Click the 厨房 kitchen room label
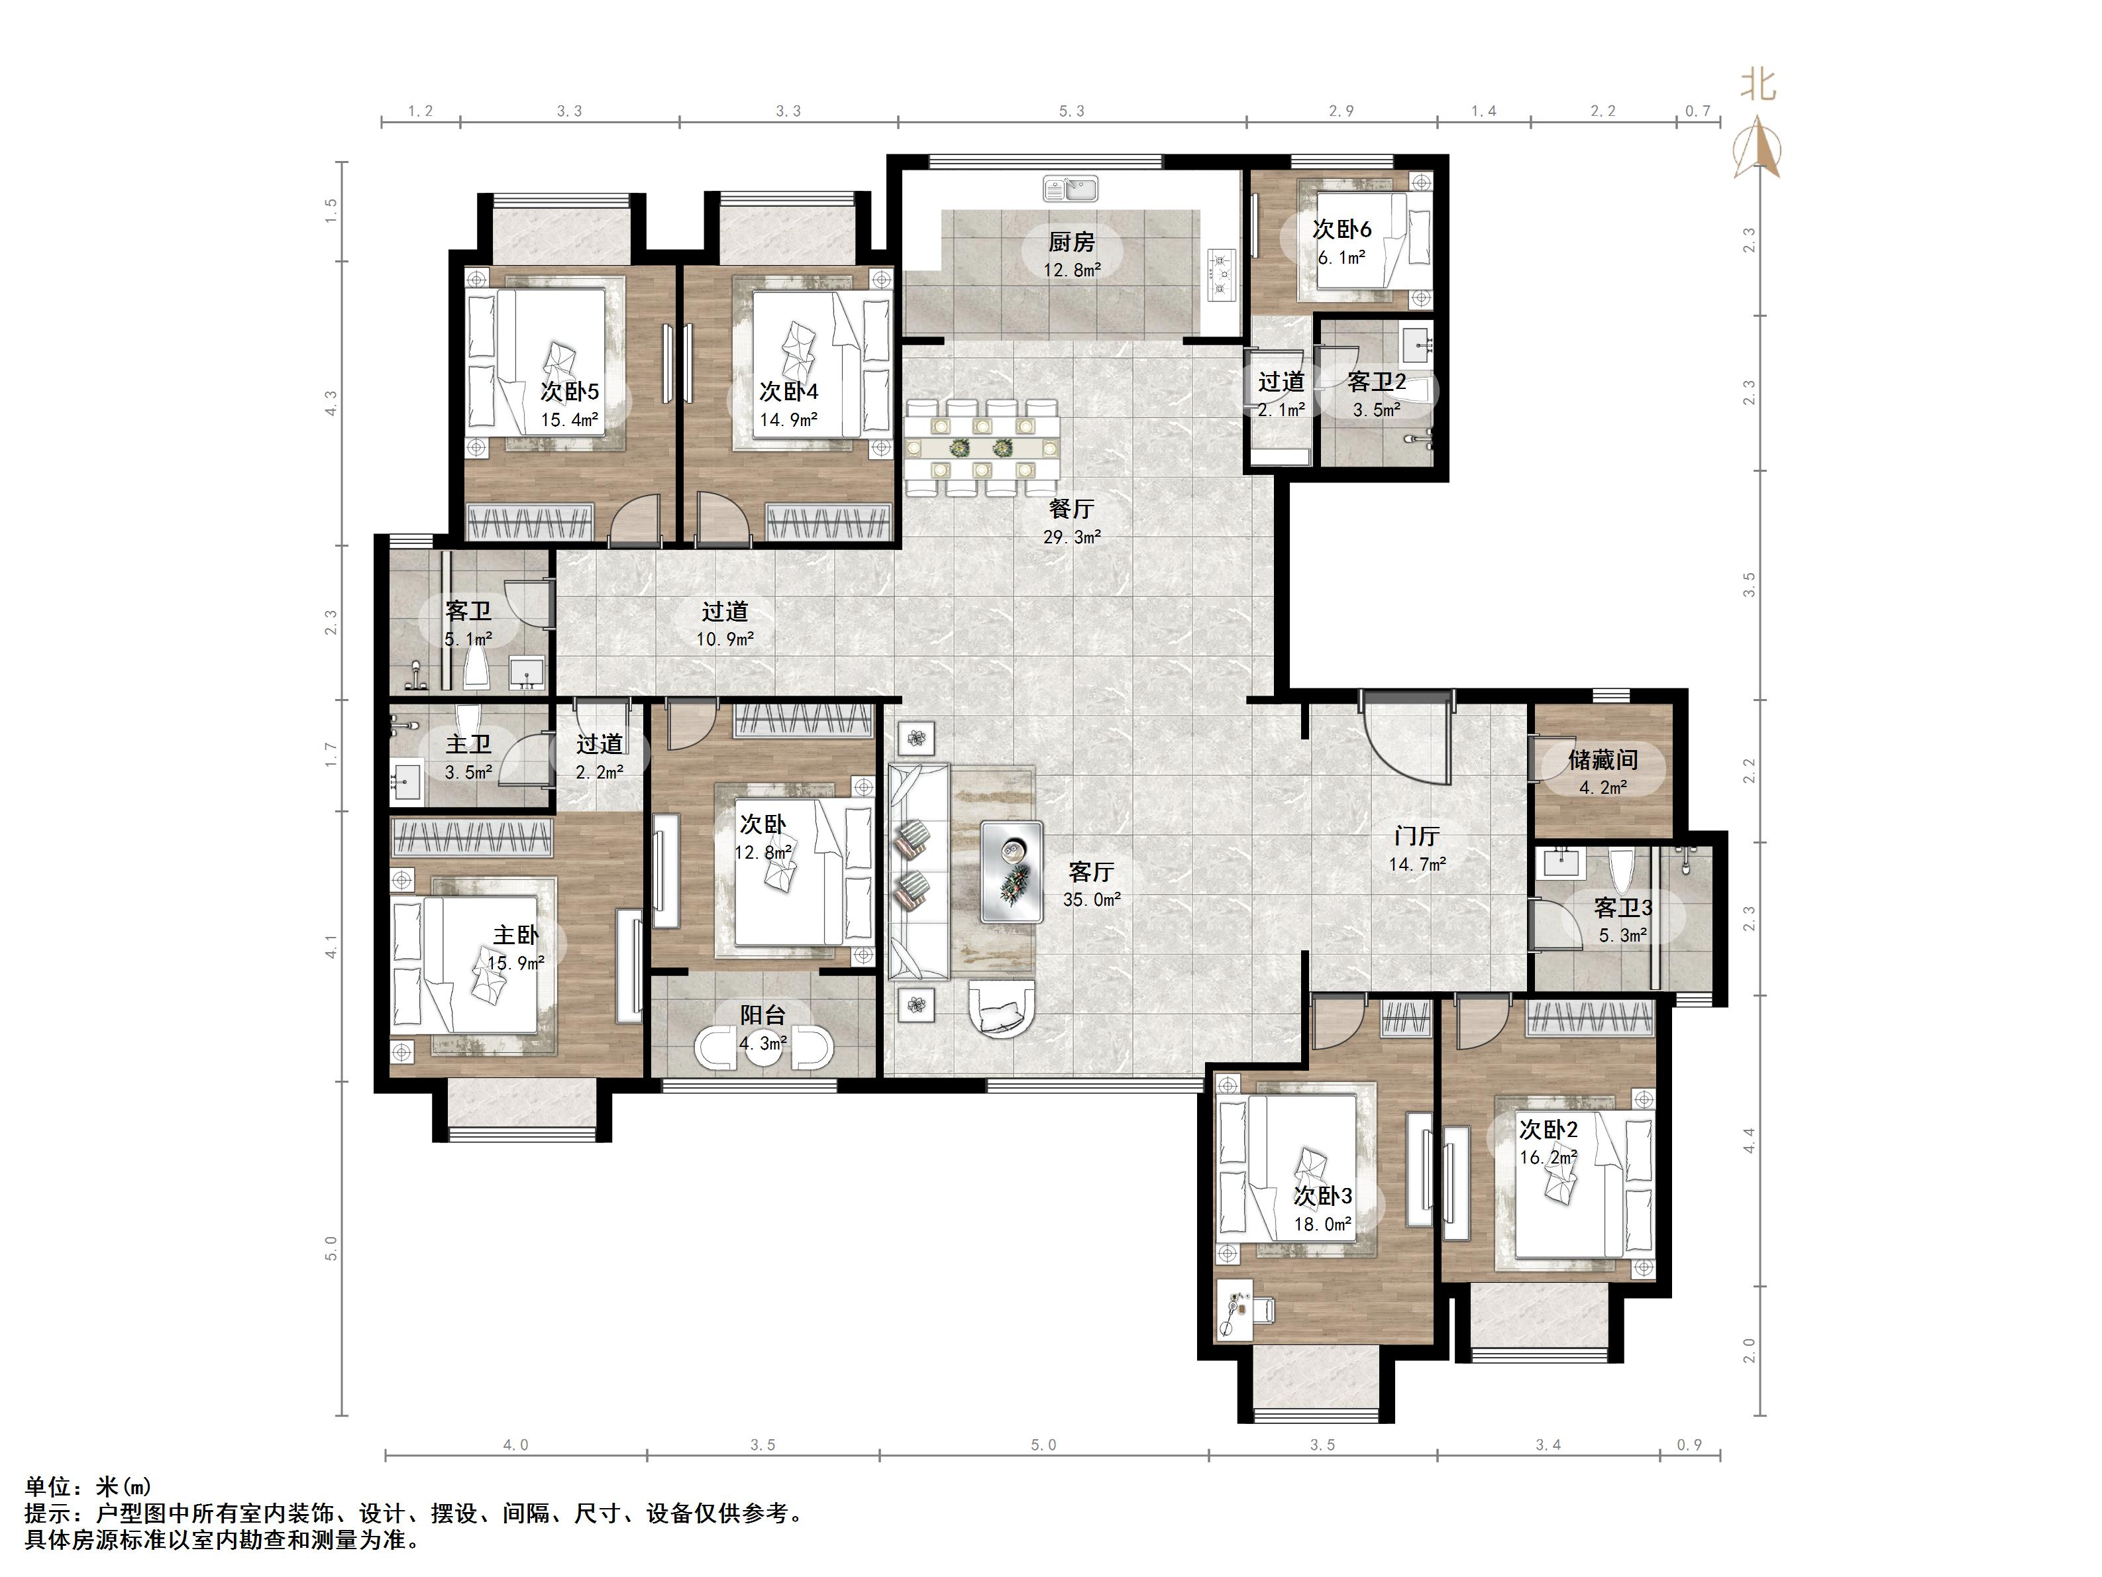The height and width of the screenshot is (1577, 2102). (x=1071, y=243)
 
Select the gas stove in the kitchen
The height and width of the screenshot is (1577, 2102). (x=1221, y=275)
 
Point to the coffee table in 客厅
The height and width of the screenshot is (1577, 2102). (x=1012, y=872)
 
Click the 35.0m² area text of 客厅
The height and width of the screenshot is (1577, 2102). (x=1091, y=899)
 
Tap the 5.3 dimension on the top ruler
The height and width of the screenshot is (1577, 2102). (x=1071, y=111)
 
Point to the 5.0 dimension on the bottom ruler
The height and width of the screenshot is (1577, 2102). (x=1043, y=1445)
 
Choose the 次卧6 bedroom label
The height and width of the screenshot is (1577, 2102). (x=1341, y=229)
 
